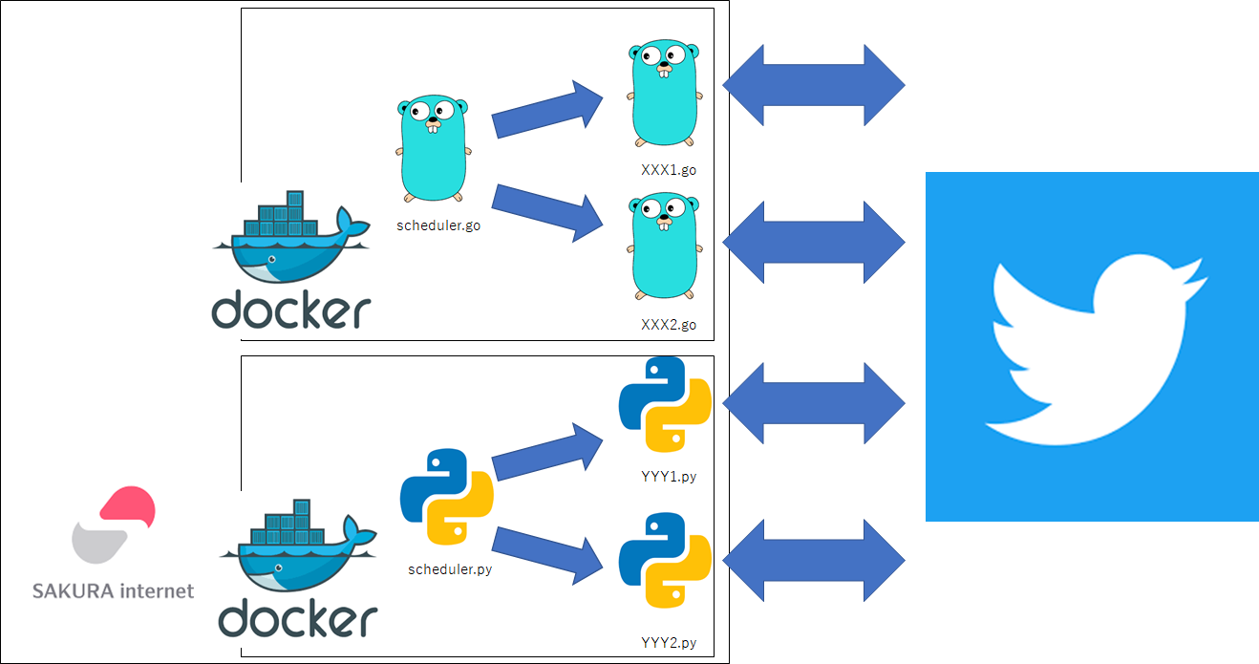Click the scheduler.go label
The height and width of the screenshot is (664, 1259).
click(x=438, y=225)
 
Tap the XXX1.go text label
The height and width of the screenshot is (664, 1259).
click(x=669, y=170)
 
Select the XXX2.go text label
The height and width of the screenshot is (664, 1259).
click(x=669, y=325)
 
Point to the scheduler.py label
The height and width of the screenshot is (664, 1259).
click(x=450, y=569)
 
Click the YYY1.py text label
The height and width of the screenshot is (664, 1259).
click(x=669, y=477)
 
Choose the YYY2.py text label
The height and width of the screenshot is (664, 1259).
click(x=669, y=643)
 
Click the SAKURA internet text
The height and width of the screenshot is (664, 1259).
click(x=113, y=590)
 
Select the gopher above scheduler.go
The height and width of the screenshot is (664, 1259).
click(x=434, y=148)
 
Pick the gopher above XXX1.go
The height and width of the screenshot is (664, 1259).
click(x=665, y=93)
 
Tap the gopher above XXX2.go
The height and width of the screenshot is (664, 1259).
click(x=665, y=246)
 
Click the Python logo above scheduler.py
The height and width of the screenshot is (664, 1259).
click(x=447, y=497)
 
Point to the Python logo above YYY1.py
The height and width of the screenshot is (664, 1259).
click(x=665, y=405)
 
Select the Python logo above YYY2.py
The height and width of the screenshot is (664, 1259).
click(x=665, y=560)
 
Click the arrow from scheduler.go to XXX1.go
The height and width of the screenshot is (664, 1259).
click(x=547, y=110)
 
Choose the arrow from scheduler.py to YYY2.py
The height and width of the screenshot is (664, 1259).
click(x=547, y=556)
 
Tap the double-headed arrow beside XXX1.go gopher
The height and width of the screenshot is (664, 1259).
click(x=814, y=85)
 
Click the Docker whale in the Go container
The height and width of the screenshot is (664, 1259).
click(x=291, y=237)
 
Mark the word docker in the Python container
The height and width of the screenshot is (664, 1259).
click(x=298, y=618)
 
